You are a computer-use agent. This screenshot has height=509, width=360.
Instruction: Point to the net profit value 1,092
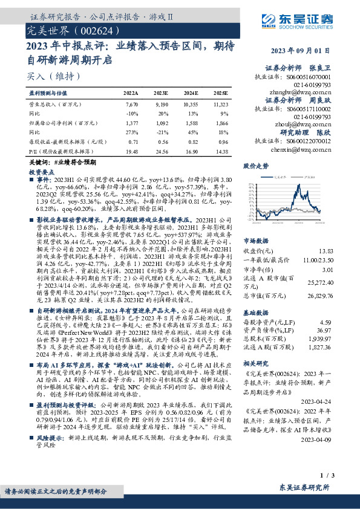click(x=162, y=122)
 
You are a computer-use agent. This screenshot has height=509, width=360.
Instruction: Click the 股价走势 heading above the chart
click(x=255, y=165)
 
